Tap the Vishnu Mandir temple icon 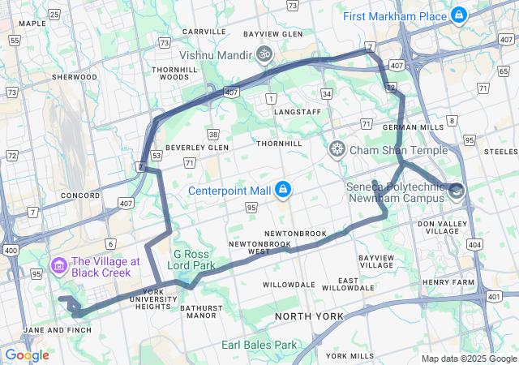(263, 54)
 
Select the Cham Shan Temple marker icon (337, 150)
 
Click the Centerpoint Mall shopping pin (282, 191)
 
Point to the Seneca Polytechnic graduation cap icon (457, 191)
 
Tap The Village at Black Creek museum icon (58, 266)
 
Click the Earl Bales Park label (259, 345)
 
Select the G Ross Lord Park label (192, 260)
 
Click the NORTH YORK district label (311, 316)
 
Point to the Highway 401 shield (493, 297)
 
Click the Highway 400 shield (11, 251)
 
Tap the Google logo (27, 355)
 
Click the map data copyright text (469, 359)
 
